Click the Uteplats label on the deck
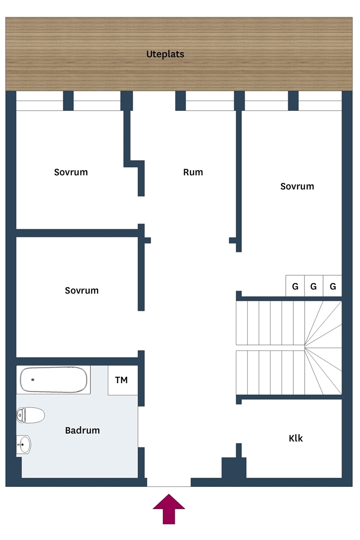point(165,54)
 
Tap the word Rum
point(193,172)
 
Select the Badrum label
point(82,430)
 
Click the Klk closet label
point(295,438)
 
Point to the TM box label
point(121,380)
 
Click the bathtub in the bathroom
point(54,380)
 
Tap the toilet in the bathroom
point(30,415)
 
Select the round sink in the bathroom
point(24,444)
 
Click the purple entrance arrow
point(169,509)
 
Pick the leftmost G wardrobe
point(295,286)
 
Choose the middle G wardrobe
point(313,286)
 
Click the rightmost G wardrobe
point(332,286)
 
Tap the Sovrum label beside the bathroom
point(82,290)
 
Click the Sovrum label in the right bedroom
point(297,186)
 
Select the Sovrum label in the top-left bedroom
point(71,172)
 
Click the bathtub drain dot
point(33,379)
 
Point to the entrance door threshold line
point(169,486)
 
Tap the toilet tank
point(20,415)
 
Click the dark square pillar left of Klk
point(234,468)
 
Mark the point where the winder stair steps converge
point(305,347)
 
